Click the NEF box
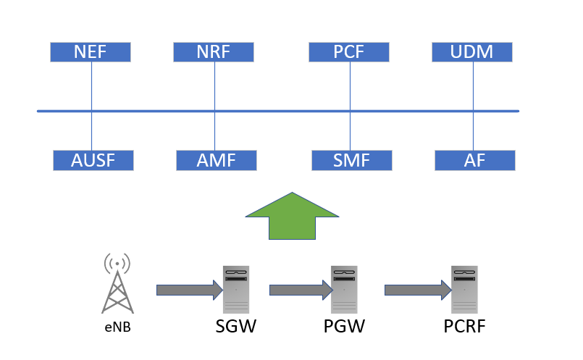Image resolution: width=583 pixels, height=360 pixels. [x=91, y=52]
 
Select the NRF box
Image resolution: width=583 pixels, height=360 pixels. [x=214, y=52]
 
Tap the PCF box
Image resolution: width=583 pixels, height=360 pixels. [x=349, y=52]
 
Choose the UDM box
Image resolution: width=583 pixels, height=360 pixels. [x=471, y=52]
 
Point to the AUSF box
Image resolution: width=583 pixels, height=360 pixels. [x=93, y=160]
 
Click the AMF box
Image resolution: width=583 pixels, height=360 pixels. [x=217, y=160]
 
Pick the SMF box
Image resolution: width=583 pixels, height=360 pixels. [x=352, y=160]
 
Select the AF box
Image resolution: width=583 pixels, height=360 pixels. [x=475, y=160]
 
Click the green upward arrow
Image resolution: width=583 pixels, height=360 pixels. [x=292, y=216]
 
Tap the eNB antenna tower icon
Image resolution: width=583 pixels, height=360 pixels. [x=117, y=283]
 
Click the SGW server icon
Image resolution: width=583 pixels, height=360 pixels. [x=236, y=290]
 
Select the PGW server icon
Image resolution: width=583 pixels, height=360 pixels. [x=344, y=290]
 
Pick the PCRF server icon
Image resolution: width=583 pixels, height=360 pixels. [x=464, y=290]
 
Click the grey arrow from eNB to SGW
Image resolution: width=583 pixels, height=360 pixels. [x=190, y=290]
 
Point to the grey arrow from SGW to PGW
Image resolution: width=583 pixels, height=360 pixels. [x=301, y=290]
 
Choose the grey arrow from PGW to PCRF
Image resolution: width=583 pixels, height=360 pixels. [x=418, y=290]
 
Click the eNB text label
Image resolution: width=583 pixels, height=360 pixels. [x=117, y=327]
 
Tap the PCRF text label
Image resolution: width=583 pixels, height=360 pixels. [x=464, y=326]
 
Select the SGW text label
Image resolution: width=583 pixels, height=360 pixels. [x=235, y=326]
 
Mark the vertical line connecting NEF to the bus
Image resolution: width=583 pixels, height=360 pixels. [x=91, y=86]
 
